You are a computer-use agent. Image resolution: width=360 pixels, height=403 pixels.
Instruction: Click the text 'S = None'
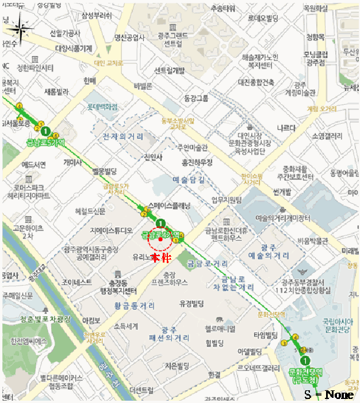coord(329,394)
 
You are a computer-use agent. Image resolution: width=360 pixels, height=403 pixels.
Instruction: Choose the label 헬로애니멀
coord(220,329)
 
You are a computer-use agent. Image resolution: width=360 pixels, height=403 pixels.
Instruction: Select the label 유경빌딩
coord(193,303)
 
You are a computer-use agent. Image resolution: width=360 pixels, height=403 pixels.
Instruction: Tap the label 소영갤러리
coord(327,136)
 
